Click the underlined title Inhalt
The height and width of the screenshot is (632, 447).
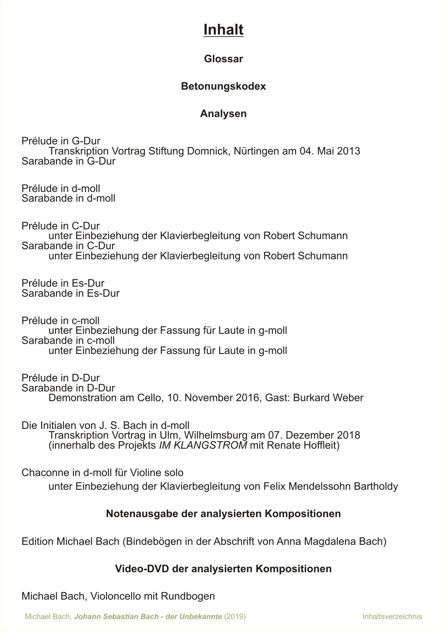pos(223,30)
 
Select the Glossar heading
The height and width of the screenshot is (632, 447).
pos(223,59)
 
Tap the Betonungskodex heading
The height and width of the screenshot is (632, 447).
pos(223,86)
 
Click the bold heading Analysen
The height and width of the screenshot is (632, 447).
pos(223,114)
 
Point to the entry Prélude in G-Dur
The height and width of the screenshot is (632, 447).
pos(61,141)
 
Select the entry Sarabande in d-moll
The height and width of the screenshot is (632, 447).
pos(68,198)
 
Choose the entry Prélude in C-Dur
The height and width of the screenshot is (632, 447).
pos(61,226)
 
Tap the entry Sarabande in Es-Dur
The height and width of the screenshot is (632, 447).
pos(70,293)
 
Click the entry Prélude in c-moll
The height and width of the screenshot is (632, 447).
pos(61,321)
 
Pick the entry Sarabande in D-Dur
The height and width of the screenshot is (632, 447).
pos(68,388)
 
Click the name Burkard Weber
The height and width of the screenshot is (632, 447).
pos(328,398)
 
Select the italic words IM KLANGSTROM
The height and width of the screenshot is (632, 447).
pos(203,445)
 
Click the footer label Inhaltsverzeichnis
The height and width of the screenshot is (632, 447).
pos(392,617)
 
